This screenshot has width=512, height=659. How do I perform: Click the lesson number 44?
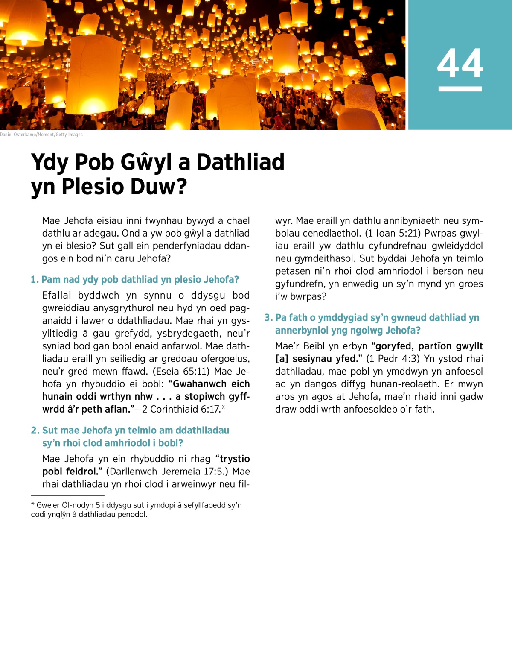(460, 63)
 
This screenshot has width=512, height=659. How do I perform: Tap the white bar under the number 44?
(460, 89)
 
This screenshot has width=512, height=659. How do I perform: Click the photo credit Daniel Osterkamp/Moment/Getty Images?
(41, 135)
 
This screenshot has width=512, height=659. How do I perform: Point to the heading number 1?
(35, 280)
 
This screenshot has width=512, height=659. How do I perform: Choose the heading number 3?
(268, 318)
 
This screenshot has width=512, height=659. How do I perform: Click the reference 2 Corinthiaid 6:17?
(181, 409)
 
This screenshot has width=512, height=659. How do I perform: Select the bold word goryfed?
(392, 346)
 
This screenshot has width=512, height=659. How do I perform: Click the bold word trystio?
(233, 459)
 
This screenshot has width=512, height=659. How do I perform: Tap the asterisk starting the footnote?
(33, 504)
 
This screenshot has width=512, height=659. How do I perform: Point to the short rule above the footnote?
(67, 495)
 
